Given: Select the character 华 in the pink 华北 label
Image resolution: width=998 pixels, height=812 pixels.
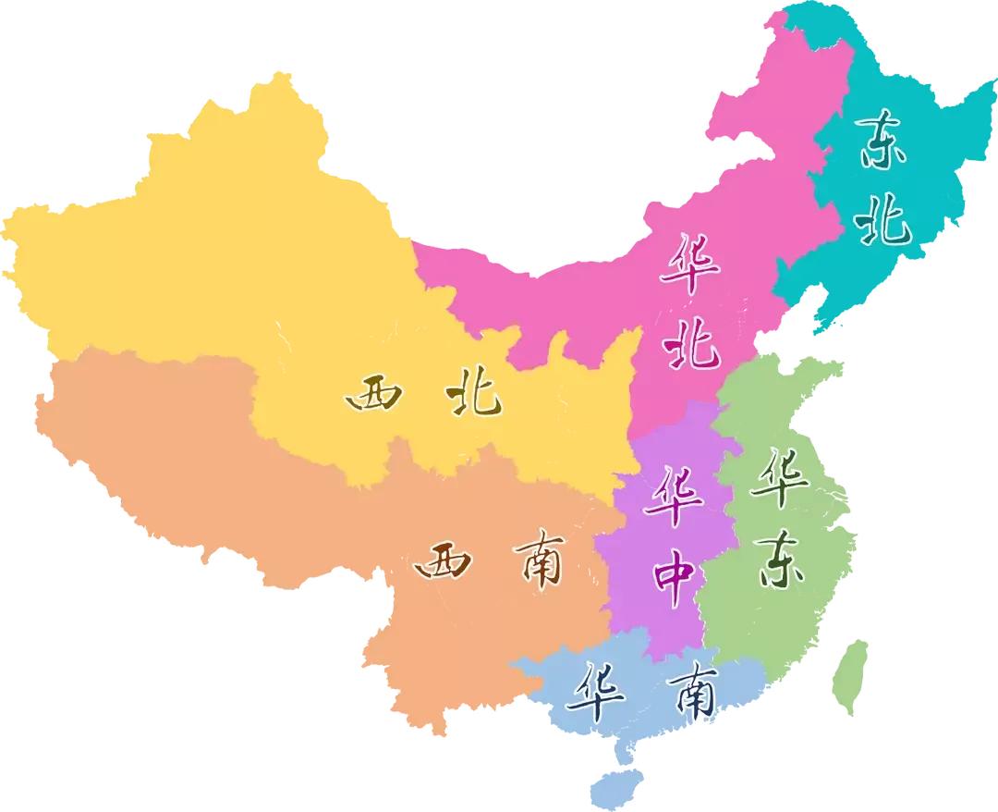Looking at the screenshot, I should coord(690,263).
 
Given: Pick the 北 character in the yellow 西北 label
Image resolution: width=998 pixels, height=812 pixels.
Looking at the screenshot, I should coord(473,393).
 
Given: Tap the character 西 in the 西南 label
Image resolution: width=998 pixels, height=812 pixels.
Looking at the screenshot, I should coord(443,560).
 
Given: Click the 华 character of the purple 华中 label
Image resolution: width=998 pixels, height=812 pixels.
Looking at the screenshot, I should coord(674,496).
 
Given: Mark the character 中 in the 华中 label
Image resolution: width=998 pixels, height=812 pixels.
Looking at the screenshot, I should coord(674,574).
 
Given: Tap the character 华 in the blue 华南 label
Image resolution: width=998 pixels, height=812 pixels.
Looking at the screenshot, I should coord(597,693).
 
